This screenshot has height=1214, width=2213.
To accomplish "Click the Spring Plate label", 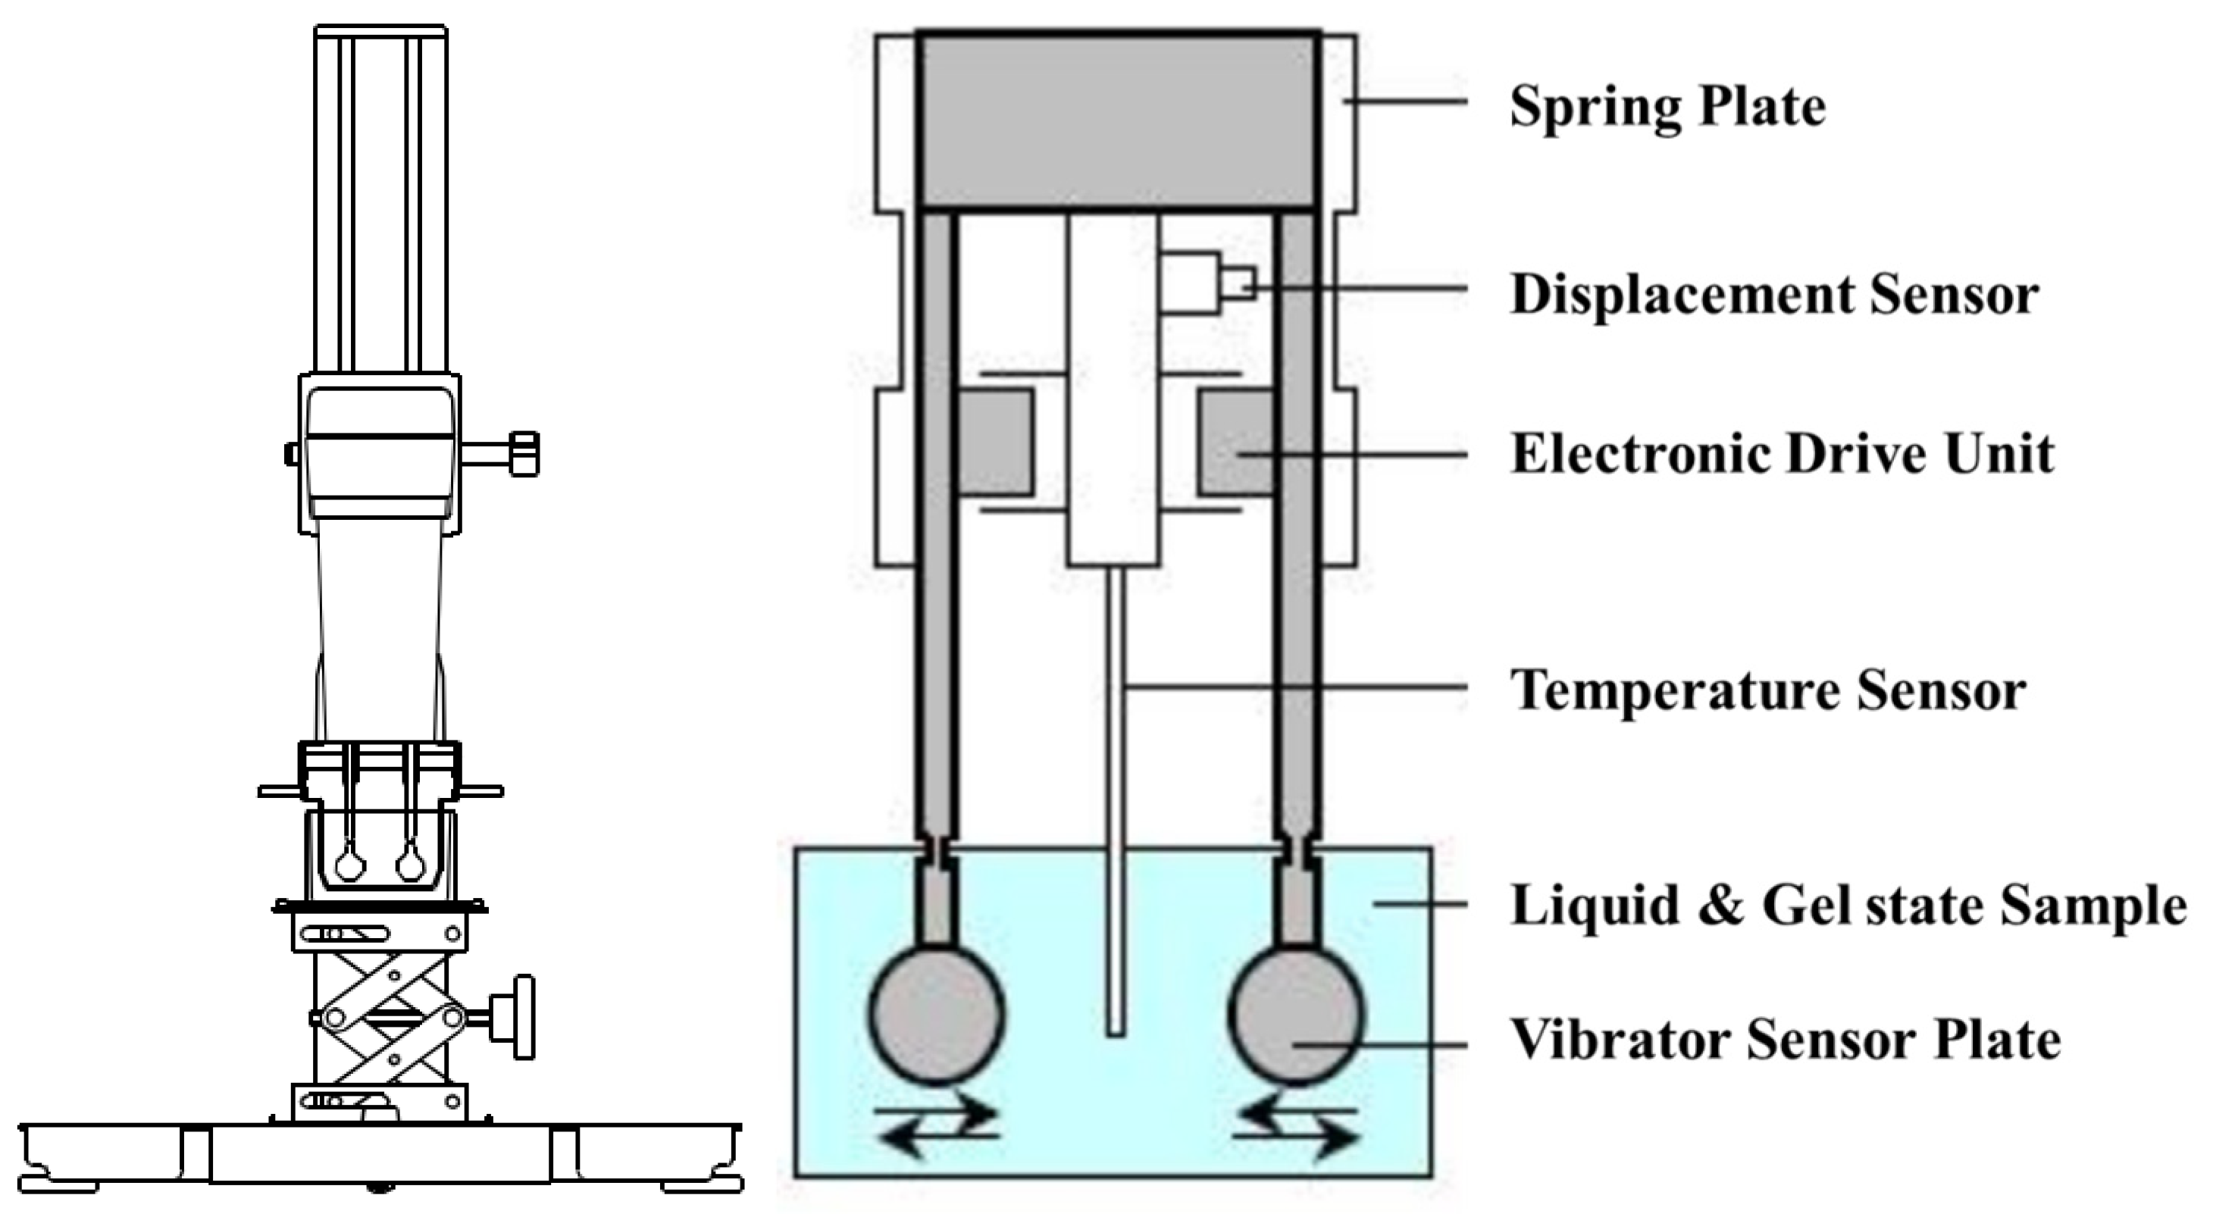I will click(x=1667, y=108).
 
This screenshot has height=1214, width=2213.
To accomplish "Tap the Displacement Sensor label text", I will click(x=1774, y=295).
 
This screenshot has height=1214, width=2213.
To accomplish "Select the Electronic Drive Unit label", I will click(x=1782, y=454).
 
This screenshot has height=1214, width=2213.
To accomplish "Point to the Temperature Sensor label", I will click(x=1768, y=690).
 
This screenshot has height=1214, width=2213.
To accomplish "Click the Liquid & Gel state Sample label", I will click(x=1848, y=906).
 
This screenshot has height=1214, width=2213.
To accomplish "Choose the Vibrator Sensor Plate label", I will click(x=1785, y=1040).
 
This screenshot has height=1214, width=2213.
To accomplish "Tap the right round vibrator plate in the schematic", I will click(x=1295, y=1014).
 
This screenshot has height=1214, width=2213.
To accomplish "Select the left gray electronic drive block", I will click(x=995, y=443).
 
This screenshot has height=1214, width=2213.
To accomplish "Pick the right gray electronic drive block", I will click(x=1235, y=443).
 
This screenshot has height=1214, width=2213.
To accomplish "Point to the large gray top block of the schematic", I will click(x=1117, y=120).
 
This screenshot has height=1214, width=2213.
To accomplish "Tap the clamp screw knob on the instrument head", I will click(x=522, y=454).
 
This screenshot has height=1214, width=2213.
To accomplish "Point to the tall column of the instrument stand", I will click(x=380, y=198).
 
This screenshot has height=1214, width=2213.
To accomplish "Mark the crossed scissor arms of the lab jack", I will click(x=387, y=1018).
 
